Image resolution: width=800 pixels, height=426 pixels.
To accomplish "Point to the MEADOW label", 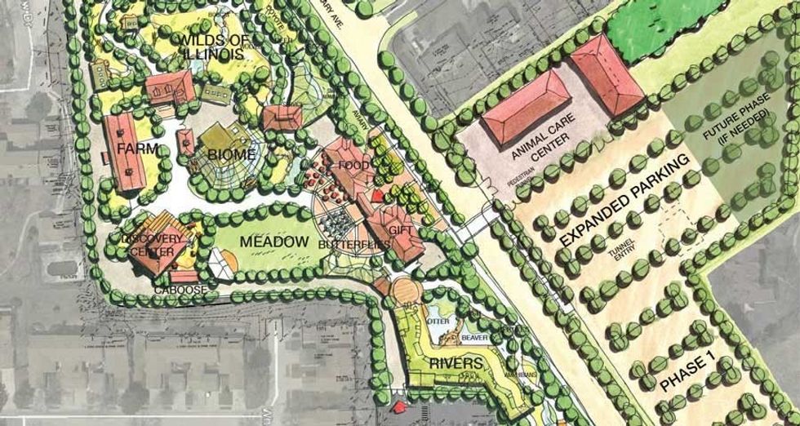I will [274, 242].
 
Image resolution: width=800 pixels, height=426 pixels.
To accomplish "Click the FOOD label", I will [359, 166].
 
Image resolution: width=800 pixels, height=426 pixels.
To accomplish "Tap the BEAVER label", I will [473, 337].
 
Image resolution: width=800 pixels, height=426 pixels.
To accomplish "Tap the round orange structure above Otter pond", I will [403, 290].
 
